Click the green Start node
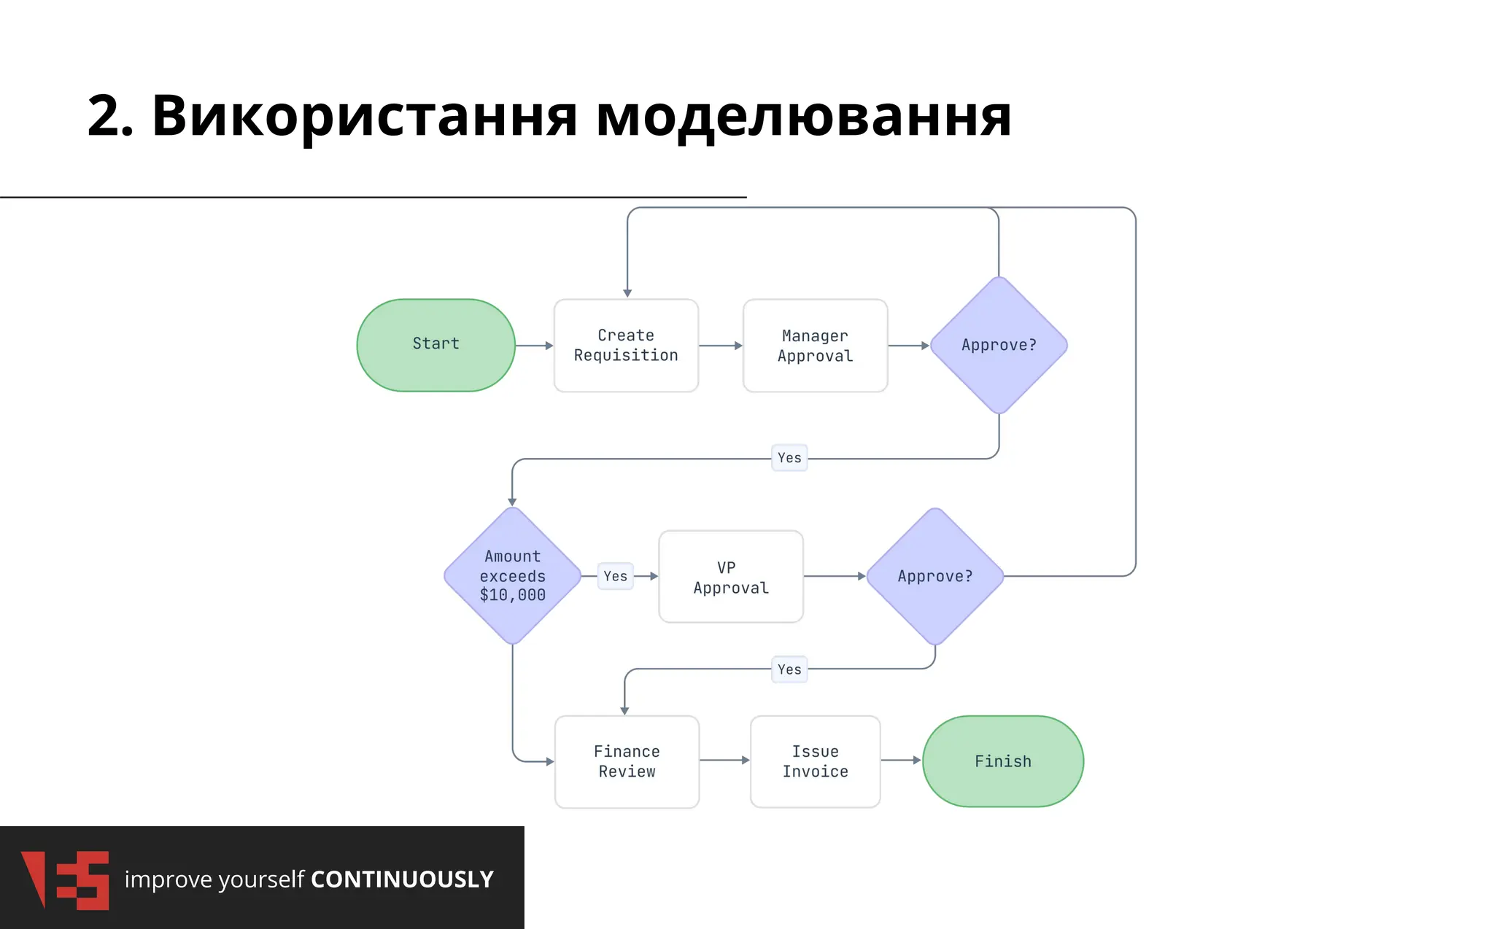[436, 345]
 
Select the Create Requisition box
[626, 346]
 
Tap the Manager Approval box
[815, 346]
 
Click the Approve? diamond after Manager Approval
[999, 345]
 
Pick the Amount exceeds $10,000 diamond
[512, 575]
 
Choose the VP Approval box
[731, 577]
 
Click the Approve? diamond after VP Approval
[934, 576]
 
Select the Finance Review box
[627, 761]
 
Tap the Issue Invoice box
[815, 761]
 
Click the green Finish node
[1003, 761]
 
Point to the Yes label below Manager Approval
[789, 458]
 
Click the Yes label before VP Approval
[615, 576]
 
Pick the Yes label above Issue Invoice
[789, 669]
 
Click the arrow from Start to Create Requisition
[534, 346]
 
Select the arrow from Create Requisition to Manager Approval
[720, 346]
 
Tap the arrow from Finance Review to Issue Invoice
[724, 760]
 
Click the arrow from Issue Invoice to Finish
[901, 760]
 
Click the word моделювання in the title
[803, 117]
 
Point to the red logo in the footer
[66, 879]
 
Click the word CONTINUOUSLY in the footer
[402, 879]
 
